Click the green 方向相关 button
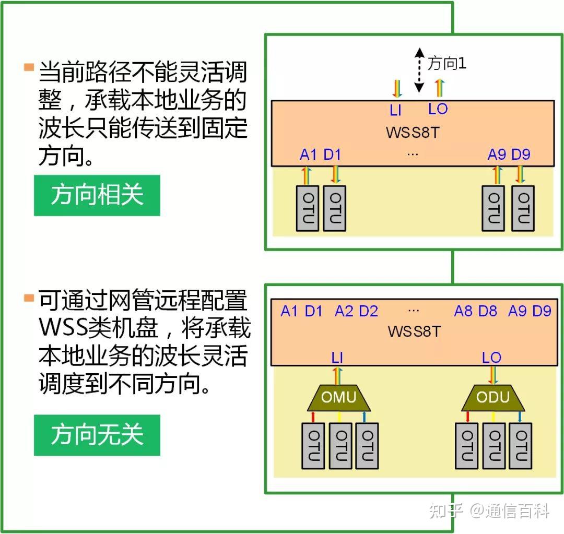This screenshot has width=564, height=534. (x=97, y=195)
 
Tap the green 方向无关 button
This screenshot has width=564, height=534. (x=97, y=435)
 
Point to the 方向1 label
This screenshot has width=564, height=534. (x=446, y=64)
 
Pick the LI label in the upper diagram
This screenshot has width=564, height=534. (x=395, y=111)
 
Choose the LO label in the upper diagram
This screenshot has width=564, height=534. (x=438, y=109)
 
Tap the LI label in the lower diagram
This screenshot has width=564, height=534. (x=337, y=358)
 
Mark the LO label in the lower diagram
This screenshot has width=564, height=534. (x=491, y=358)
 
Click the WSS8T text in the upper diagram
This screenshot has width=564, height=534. (x=413, y=132)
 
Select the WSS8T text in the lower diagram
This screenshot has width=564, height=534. (x=414, y=331)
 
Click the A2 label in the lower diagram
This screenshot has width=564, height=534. (x=344, y=312)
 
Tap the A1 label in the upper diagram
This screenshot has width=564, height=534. (x=308, y=155)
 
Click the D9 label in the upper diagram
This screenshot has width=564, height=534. (x=521, y=155)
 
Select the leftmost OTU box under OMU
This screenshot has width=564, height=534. (x=313, y=445)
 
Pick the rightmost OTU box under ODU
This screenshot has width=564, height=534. (x=521, y=445)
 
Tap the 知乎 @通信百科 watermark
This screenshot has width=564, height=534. (x=489, y=511)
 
